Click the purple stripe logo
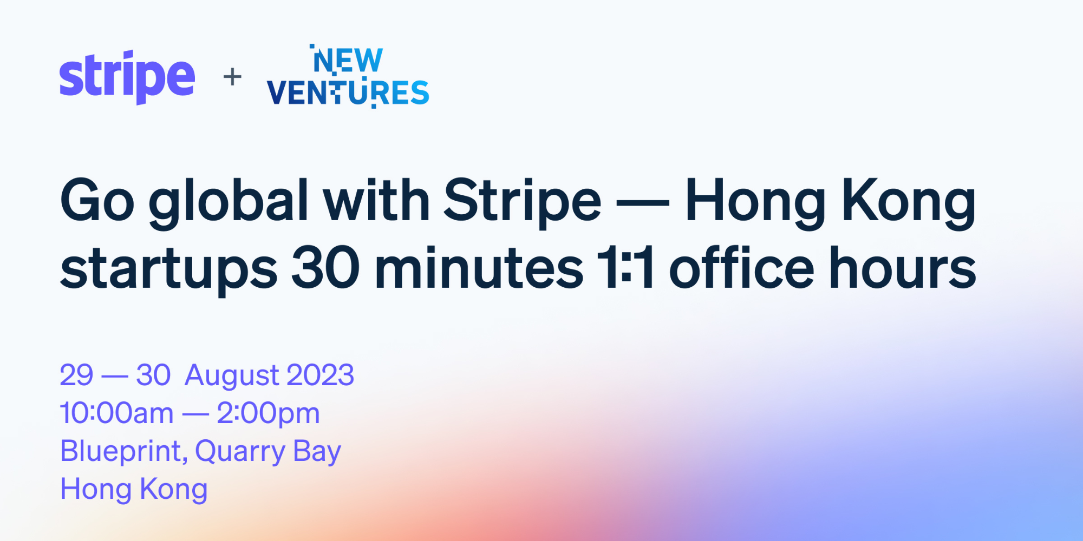coord(127,77)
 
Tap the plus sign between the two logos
coord(232,77)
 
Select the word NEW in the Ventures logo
coord(347,60)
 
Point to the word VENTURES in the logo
coord(348,93)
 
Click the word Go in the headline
coord(97,201)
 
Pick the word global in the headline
coord(229,203)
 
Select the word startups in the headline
coord(169,269)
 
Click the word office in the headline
coord(742,267)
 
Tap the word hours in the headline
coord(903,267)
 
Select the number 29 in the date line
coord(76,375)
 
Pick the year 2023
coord(320,375)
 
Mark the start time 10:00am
coord(116,413)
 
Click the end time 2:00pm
coord(269,415)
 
